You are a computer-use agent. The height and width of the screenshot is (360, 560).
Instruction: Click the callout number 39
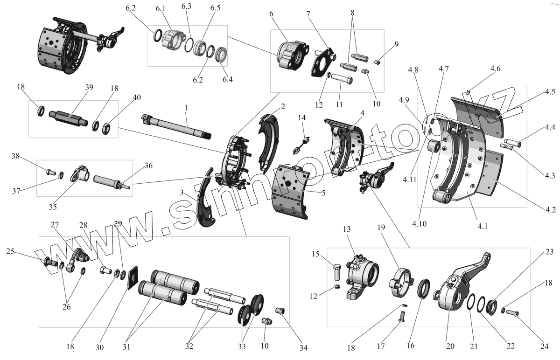[89, 87]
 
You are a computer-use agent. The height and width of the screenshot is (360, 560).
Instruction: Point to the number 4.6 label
[495, 69]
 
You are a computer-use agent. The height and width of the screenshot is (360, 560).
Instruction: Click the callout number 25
[10, 252]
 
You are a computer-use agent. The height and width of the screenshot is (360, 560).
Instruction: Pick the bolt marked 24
[512, 313]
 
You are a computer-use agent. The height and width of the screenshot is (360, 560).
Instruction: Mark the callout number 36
[148, 165]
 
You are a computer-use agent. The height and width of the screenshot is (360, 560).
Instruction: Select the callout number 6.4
[228, 79]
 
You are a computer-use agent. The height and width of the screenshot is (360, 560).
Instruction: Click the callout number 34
[304, 347]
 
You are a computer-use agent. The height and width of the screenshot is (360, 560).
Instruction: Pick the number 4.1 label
[483, 227]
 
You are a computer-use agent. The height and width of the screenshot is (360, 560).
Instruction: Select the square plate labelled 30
[133, 277]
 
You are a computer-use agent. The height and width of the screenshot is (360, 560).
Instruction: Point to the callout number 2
[282, 106]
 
